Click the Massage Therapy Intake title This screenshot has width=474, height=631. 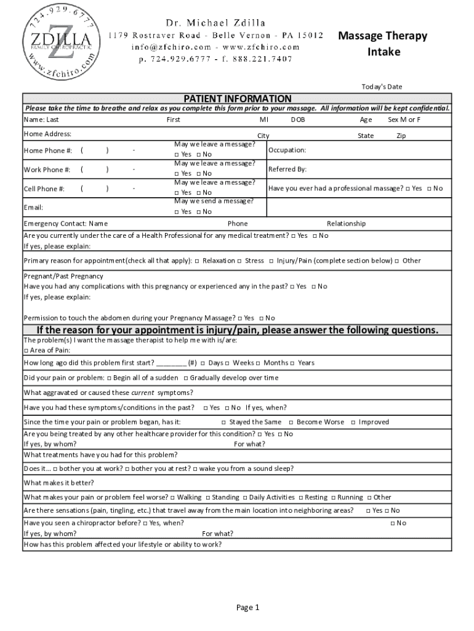[383, 43]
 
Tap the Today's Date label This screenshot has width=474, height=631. [382, 87]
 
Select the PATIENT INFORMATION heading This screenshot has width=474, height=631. [237, 99]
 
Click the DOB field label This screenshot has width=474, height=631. [298, 120]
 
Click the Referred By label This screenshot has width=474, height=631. [287, 169]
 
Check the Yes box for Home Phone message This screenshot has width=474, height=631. [177, 154]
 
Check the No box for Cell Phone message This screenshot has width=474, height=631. [198, 192]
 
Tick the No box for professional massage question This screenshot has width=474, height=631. [430, 188]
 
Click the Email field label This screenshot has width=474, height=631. [33, 207]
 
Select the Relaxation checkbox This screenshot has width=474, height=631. [196, 261]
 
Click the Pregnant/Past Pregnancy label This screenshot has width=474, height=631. [63, 276]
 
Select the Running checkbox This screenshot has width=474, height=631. [333, 497]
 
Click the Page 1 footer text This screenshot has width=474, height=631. [248, 608]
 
